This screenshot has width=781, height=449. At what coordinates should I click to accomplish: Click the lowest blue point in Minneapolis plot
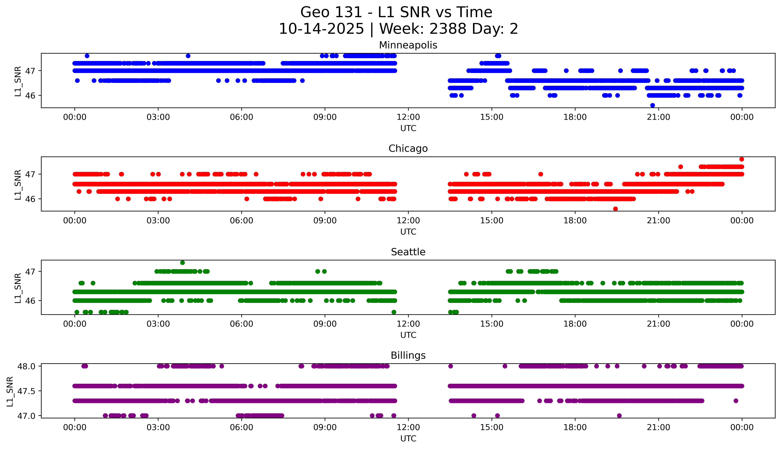(x=652, y=105)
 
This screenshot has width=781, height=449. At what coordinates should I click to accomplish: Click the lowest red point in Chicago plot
(x=615, y=209)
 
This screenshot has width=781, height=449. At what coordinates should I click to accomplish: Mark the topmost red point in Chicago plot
(x=741, y=159)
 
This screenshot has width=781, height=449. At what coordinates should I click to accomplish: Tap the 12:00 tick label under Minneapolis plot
(x=408, y=117)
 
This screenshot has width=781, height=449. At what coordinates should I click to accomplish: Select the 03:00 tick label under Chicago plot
(x=158, y=220)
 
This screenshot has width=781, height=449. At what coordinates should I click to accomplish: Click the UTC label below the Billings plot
(x=408, y=438)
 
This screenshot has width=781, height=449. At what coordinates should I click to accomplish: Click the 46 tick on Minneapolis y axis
(x=30, y=96)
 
